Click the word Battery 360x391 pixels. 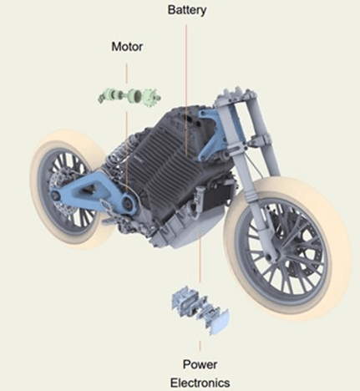[x=187, y=10]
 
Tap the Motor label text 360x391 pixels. [x=127, y=47]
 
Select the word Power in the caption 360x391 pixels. [x=200, y=364]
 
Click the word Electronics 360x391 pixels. [x=200, y=383]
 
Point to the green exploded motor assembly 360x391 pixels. [x=129, y=96]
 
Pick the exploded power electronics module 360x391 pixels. [x=200, y=309]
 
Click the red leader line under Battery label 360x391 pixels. [x=186, y=89]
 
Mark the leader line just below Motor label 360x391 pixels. [x=127, y=74]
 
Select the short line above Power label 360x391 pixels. [x=200, y=346]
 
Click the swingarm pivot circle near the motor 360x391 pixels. [x=128, y=204]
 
